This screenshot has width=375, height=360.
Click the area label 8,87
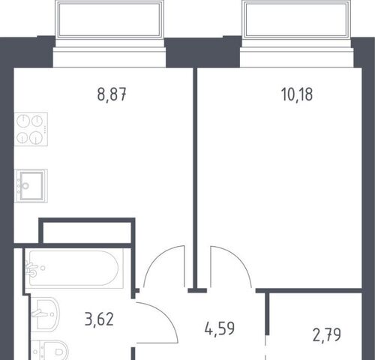click(112, 94)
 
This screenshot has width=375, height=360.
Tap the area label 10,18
click(297, 94)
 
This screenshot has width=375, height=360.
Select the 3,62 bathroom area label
click(99, 319)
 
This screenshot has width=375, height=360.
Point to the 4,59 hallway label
click(220, 328)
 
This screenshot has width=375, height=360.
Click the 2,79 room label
click(327, 335)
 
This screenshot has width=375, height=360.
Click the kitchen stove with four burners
click(31, 129)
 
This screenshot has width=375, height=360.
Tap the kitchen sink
click(31, 186)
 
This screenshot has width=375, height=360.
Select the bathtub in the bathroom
click(74, 268)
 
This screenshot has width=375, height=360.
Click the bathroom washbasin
click(45, 314)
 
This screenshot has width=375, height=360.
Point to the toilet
click(50, 350)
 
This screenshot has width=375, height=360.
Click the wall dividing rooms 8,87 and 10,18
click(195, 178)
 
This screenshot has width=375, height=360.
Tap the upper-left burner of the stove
click(23, 121)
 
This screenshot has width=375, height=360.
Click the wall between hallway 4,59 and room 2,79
click(267, 313)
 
